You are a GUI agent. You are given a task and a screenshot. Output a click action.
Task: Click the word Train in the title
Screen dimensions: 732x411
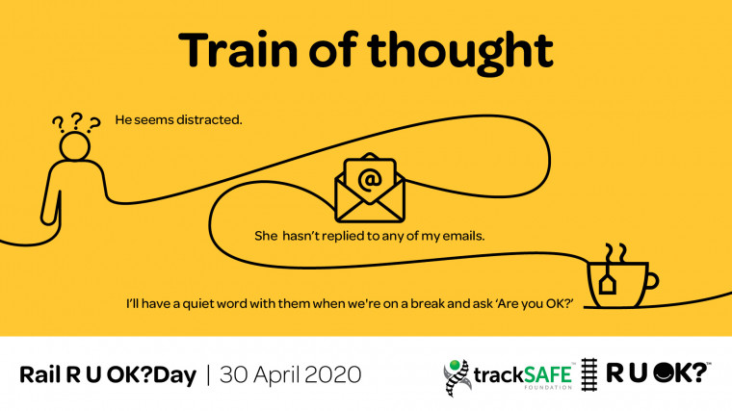238,49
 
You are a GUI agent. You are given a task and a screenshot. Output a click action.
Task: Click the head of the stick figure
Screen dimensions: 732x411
75,146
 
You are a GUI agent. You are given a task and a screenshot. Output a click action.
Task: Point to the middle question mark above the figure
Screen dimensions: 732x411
76,121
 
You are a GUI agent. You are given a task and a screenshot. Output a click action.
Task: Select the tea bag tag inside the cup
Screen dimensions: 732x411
608,284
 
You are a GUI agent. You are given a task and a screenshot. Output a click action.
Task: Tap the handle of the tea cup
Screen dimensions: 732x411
651,281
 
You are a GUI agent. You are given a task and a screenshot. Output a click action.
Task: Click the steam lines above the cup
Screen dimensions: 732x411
615,253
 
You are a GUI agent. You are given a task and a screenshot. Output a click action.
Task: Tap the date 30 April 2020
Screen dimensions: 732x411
290,375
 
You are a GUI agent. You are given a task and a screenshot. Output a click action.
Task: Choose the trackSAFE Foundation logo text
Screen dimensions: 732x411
523,375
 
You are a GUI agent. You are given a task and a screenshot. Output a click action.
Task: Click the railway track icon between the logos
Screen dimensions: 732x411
589,374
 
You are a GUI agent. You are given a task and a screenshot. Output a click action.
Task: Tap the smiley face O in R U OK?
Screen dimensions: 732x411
663,372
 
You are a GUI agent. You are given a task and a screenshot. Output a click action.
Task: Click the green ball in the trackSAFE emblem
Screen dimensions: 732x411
454,365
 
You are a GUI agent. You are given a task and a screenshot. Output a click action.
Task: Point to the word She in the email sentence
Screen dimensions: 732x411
266,236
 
